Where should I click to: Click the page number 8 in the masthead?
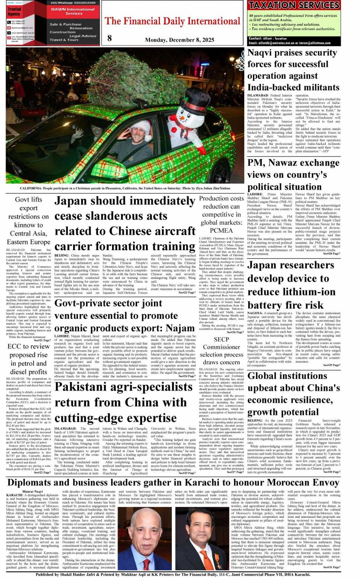[x=110, y=38]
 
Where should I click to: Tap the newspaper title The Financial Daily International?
[x=173, y=21]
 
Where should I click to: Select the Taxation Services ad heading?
[x=294, y=5]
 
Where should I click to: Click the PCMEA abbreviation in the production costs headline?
[x=221, y=230]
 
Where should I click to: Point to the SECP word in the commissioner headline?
[x=221, y=339]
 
